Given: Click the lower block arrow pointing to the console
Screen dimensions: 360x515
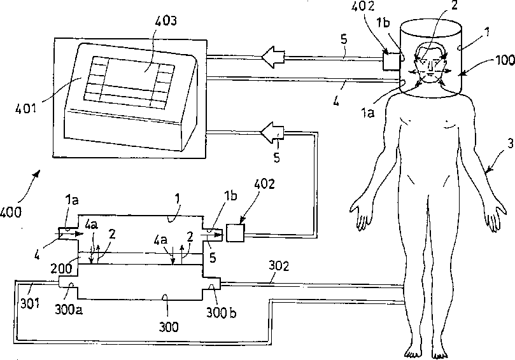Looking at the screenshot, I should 272,134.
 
